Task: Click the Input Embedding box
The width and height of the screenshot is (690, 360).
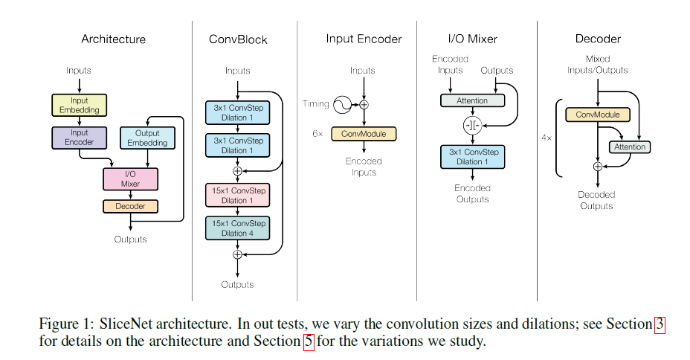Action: tap(79, 105)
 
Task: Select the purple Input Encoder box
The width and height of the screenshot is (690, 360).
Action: tap(79, 138)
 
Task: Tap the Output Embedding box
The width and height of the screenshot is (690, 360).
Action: tap(147, 138)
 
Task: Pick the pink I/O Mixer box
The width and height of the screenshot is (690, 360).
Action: tap(130, 179)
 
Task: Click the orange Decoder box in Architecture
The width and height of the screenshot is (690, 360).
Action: tap(130, 206)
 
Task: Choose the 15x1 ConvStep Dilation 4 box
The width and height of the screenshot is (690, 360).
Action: tap(238, 228)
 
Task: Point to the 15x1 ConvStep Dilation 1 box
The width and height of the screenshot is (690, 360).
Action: tap(238, 196)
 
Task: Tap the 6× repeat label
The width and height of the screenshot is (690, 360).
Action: tap(317, 134)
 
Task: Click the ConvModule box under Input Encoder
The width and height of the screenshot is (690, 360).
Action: tap(364, 134)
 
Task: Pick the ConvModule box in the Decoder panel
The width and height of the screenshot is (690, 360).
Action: tap(598, 115)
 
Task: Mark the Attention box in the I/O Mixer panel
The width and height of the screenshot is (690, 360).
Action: tap(472, 100)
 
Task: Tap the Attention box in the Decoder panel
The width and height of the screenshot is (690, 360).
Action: tap(629, 147)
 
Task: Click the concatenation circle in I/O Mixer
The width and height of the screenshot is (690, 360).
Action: tap(473, 125)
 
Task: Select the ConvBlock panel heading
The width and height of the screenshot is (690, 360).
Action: tap(238, 39)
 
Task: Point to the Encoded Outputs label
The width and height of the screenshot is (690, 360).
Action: tap(473, 193)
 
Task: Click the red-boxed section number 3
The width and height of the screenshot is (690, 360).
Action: tap(660, 325)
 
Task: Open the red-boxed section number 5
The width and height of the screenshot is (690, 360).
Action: tap(309, 342)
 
